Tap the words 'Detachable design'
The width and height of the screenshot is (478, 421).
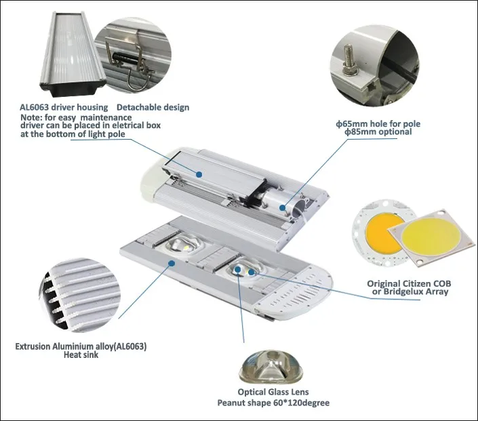point(153,107)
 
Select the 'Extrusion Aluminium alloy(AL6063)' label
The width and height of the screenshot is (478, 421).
point(81,346)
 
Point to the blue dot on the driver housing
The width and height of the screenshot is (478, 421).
point(200,174)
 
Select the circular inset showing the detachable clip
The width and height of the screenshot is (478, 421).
point(133,56)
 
